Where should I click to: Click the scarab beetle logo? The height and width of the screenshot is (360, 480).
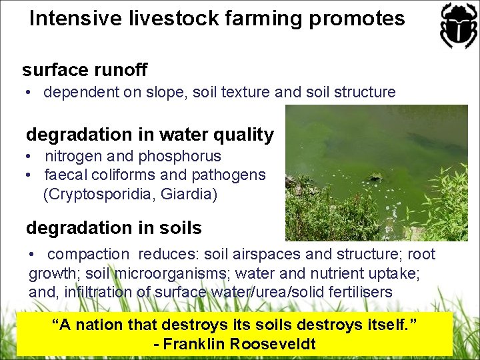click(457, 25)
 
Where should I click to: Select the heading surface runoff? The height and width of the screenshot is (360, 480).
click(85, 69)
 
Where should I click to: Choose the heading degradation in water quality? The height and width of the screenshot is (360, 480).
click(150, 135)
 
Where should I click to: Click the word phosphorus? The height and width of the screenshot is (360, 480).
click(180, 157)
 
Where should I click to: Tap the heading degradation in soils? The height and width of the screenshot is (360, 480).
click(113, 228)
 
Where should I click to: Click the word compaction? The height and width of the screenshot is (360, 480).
click(89, 254)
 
